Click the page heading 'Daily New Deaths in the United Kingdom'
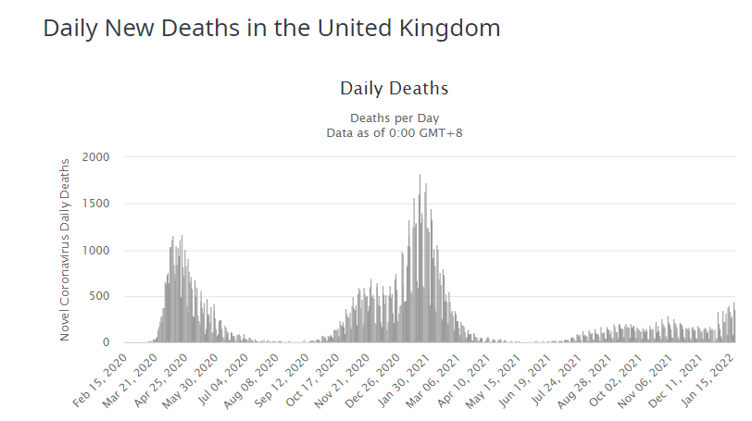tap(271, 28)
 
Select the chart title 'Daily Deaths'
tap(394, 89)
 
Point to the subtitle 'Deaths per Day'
tap(394, 118)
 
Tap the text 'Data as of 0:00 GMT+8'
tap(394, 132)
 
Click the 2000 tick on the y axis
tap(96, 157)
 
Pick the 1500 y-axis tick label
tap(96, 204)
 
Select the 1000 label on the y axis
tap(96, 250)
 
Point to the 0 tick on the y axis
tap(107, 342)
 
